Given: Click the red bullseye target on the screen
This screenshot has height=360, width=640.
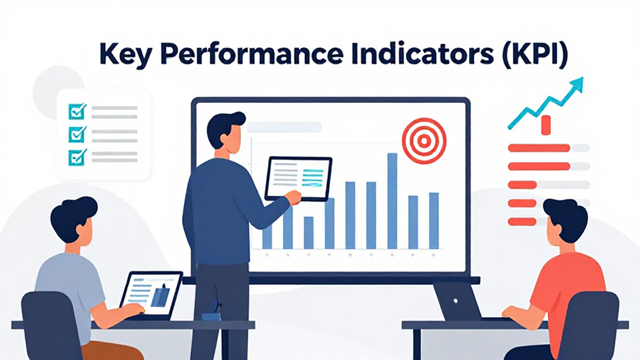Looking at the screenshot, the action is pyautogui.click(x=424, y=141).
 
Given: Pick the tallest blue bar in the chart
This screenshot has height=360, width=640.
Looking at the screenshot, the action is pyautogui.click(x=393, y=201).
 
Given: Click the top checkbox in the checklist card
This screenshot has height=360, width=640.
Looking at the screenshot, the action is pyautogui.click(x=77, y=111).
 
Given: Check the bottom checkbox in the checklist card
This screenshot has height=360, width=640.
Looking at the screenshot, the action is pyautogui.click(x=77, y=157).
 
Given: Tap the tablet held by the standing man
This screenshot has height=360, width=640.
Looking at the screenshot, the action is pyautogui.click(x=299, y=179).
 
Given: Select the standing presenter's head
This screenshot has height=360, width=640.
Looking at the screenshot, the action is pyautogui.click(x=226, y=131).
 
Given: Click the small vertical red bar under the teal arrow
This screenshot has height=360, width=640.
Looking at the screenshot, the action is pyautogui.click(x=546, y=125).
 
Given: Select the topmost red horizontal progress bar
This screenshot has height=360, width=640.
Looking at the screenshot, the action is pyautogui.click(x=539, y=148).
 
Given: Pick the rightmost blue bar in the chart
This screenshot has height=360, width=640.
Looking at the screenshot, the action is pyautogui.click(x=434, y=221).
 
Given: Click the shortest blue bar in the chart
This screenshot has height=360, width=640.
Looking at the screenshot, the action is pyautogui.click(x=309, y=233).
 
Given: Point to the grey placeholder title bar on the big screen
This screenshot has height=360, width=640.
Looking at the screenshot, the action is pyautogui.click(x=285, y=127).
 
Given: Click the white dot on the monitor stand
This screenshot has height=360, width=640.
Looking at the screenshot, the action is pyautogui.click(x=455, y=301).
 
